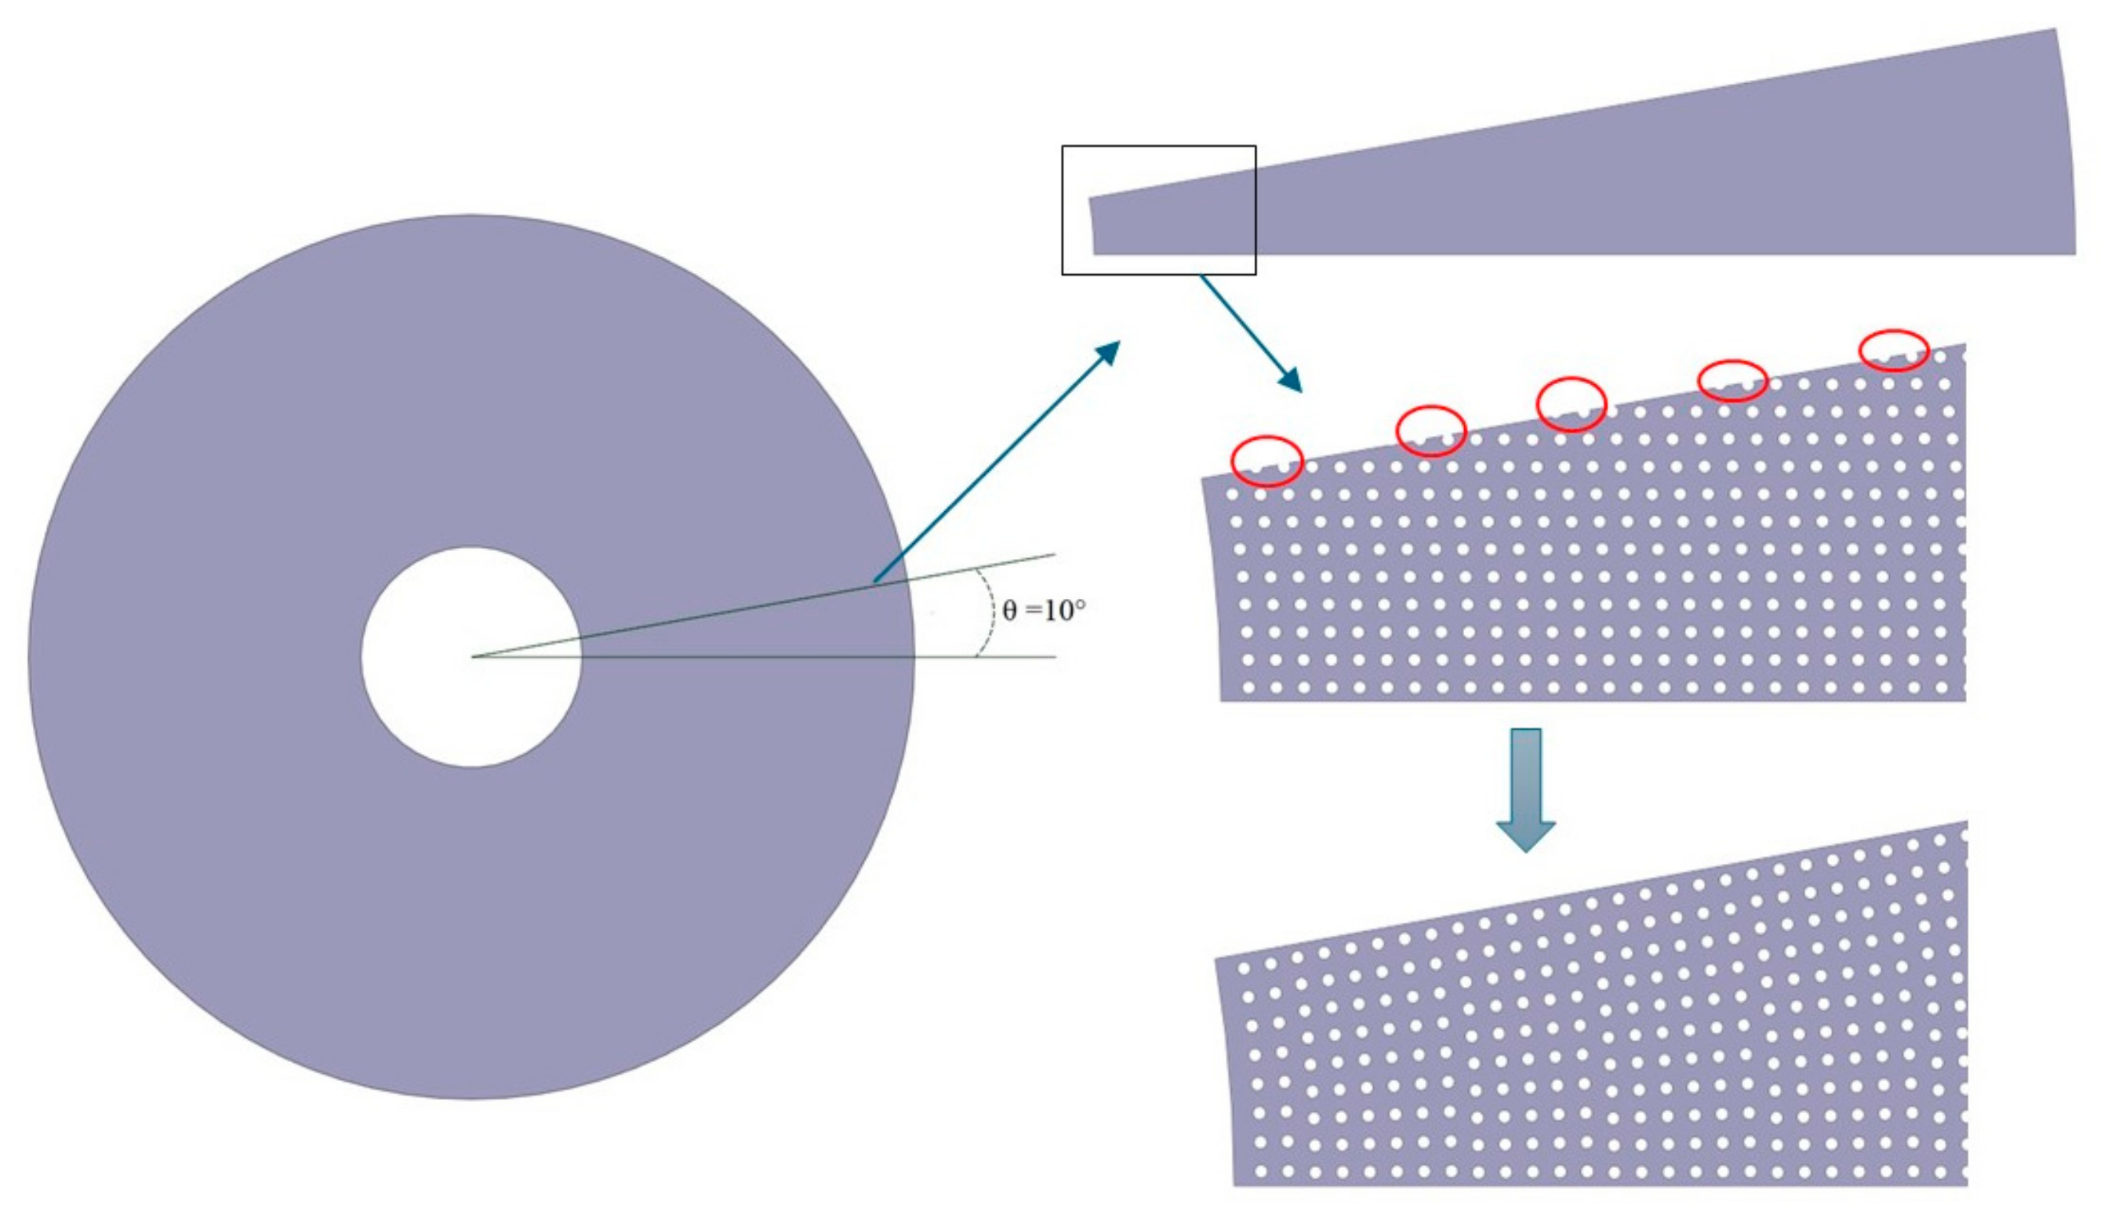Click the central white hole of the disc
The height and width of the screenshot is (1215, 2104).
click(471, 657)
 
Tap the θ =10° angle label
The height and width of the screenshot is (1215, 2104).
click(1043, 611)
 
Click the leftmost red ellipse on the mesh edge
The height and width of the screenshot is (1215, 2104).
click(1267, 461)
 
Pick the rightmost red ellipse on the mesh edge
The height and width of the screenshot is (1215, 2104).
click(1894, 350)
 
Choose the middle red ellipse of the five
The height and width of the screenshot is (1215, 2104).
click(1571, 404)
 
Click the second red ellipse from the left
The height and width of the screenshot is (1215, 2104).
click(1430, 430)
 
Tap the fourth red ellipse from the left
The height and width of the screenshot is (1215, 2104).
click(1732, 380)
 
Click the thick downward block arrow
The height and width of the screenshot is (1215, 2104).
click(1525, 789)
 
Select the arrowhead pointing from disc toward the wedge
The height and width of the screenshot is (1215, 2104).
click(1108, 351)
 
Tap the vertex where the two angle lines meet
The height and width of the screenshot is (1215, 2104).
click(472, 657)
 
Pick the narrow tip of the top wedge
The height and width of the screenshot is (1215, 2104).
click(1092, 225)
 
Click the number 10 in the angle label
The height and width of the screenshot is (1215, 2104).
click(1056, 611)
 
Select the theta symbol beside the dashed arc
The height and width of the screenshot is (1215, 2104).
click(1010, 611)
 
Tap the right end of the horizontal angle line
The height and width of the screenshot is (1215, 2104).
click(1055, 657)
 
